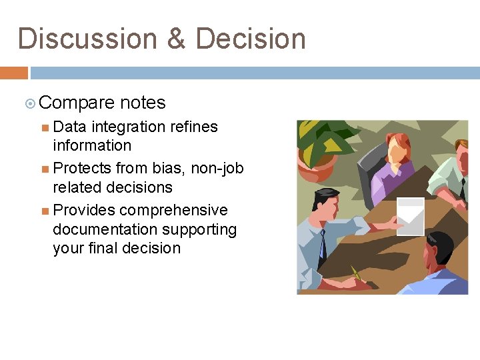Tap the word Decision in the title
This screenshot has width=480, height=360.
(250, 39)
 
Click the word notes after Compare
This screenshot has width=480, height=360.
(143, 103)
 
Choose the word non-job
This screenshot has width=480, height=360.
(217, 168)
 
